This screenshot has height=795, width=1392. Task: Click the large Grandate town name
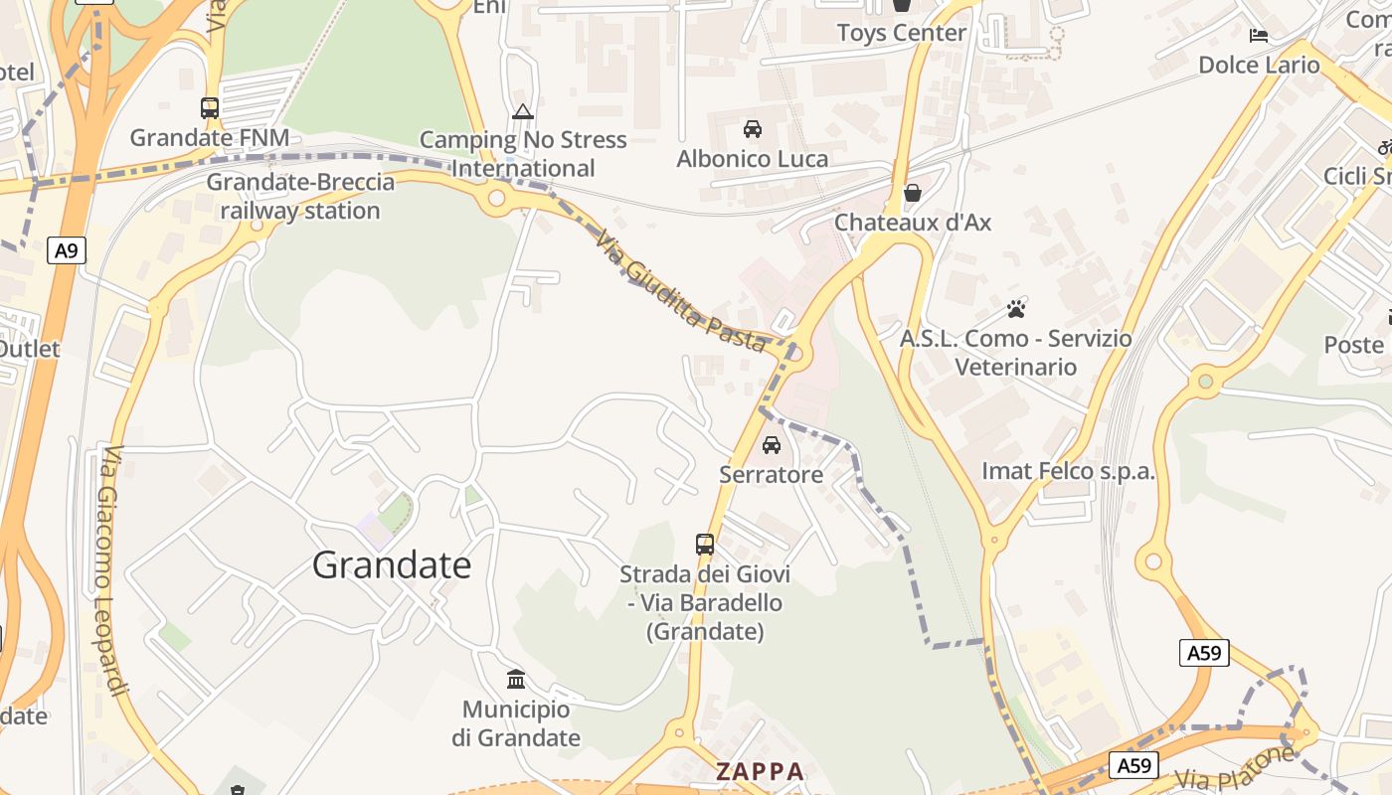392,564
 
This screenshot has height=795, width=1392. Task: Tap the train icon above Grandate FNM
210,108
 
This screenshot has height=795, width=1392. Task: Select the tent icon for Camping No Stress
523,111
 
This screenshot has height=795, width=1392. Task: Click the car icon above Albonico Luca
753,129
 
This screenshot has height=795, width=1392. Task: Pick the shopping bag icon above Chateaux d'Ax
912,193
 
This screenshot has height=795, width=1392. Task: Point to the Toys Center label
901,33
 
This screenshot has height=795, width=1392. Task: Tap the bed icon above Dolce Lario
1259,36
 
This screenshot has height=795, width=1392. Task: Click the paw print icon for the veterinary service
1015,309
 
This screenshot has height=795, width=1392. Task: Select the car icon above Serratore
772,445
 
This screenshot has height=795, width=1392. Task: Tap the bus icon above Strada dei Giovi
705,544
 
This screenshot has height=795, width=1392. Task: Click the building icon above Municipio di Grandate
516,680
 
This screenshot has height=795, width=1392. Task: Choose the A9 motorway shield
66,250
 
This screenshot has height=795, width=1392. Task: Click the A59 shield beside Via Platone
1133,765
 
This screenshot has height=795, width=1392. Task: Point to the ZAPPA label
760,771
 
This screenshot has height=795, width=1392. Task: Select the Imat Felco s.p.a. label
1068,471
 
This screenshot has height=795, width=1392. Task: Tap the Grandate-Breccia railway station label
300,197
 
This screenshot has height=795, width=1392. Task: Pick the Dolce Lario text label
1259,66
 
